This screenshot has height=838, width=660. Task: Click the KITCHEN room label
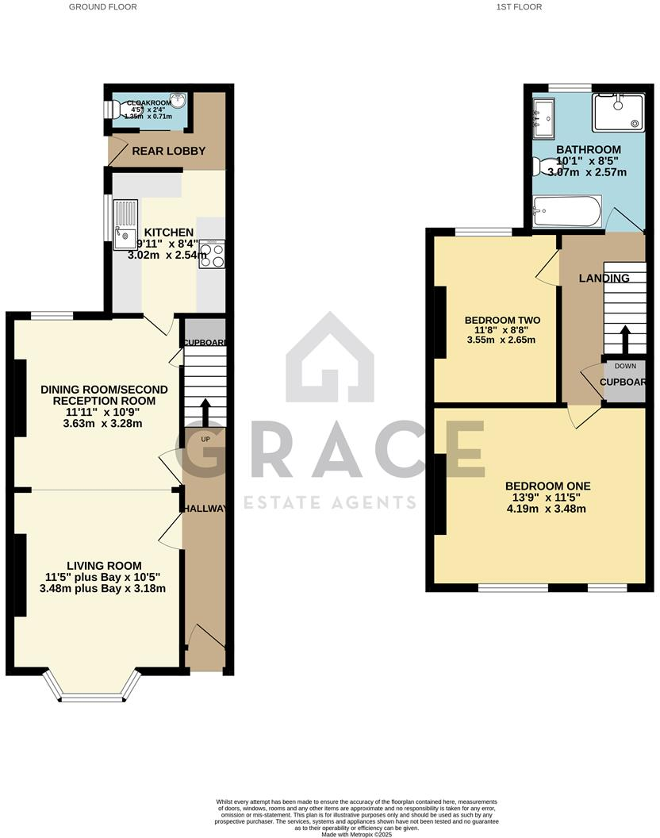click(x=168, y=233)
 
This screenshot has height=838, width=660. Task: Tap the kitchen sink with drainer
click(x=125, y=222)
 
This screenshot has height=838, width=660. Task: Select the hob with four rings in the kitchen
click(x=212, y=254)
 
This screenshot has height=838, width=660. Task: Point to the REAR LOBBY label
click(x=169, y=151)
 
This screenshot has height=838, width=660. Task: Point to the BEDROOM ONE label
click(x=548, y=486)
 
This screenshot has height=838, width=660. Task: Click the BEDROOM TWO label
click(x=498, y=321)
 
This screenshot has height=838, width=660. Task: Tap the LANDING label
click(x=604, y=278)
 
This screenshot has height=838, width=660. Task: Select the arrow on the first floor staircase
click(x=625, y=340)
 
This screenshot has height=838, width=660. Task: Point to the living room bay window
click(x=94, y=687)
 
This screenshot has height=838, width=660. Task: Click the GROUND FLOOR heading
click(x=103, y=6)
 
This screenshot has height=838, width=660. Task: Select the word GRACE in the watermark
click(x=330, y=456)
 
